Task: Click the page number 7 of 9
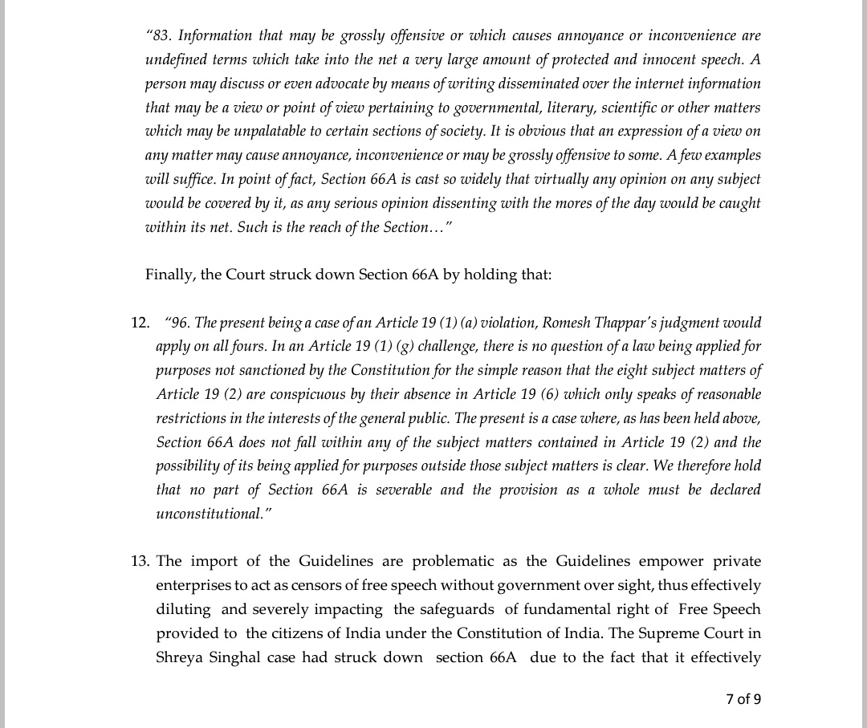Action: click(x=743, y=699)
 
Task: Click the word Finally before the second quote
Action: click(x=169, y=275)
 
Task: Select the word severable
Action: click(x=402, y=490)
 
